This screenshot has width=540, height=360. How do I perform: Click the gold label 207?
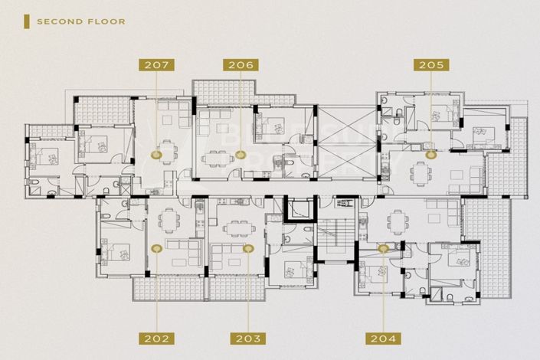tap(155, 65)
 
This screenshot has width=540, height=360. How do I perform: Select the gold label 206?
tap(240, 65)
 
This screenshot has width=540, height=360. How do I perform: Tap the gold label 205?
tap(430, 65)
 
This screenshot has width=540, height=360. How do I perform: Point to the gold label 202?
tap(155, 338)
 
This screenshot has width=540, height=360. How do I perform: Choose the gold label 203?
tap(247, 338)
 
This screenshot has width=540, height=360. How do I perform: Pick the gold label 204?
tap(382, 338)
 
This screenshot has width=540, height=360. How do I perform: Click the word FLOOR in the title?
tap(106, 21)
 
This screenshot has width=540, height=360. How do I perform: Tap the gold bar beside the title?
tap(26, 21)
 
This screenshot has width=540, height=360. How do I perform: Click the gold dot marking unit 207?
tap(156, 155)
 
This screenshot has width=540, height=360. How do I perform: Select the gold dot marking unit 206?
tap(241, 155)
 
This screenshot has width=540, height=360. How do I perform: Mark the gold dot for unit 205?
tap(430, 154)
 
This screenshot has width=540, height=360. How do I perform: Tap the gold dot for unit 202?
tap(156, 248)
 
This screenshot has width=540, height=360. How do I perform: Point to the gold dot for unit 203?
tap(247, 248)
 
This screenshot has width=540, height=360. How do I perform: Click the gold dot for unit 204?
tap(382, 248)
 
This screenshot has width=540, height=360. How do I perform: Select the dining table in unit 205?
tap(421, 172)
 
